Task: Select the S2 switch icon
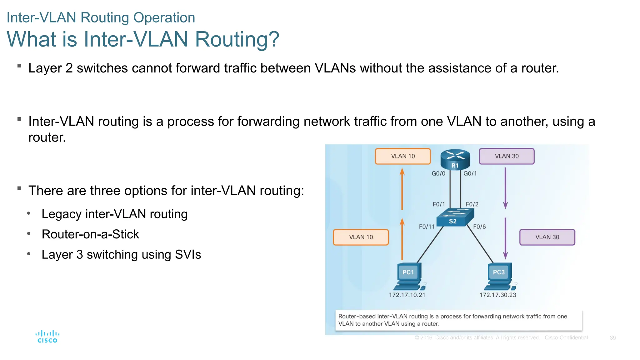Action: click(455, 217)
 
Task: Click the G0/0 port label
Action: click(438, 173)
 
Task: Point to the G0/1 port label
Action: click(470, 173)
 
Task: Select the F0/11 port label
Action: click(427, 227)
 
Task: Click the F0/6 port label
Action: click(479, 227)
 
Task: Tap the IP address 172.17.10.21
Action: click(407, 295)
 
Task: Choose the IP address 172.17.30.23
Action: click(498, 295)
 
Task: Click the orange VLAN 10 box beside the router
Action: click(403, 156)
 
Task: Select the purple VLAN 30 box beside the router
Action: click(507, 156)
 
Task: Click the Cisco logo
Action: click(47, 337)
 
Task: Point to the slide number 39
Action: click(612, 338)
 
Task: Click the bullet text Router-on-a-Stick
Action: click(90, 234)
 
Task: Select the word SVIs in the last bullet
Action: click(188, 255)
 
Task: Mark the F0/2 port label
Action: click(472, 204)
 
